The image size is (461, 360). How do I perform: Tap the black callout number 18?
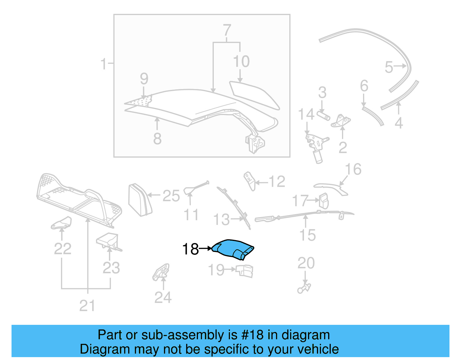tap(190, 249)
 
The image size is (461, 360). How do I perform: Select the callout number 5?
tap(389, 67)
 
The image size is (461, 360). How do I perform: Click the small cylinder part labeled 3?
tap(323, 115)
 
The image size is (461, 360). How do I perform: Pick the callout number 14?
tap(306, 114)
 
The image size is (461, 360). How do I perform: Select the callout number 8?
tap(157, 139)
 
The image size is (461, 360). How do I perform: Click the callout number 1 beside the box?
tap(103, 64)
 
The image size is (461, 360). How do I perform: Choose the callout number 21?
tap(87, 306)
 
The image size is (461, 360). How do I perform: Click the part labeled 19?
tap(245, 271)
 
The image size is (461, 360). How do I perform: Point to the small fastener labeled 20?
tap(304, 288)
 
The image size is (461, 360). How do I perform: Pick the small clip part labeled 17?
tap(323, 201)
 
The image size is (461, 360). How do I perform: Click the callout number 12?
tap(277, 182)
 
